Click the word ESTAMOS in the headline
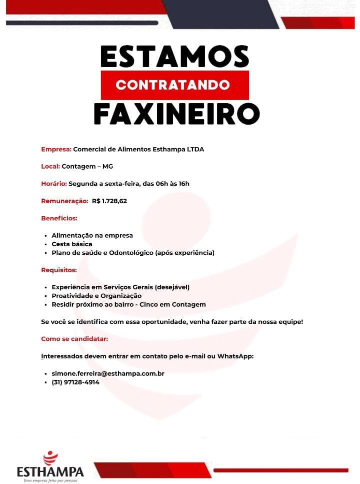click(x=174, y=56)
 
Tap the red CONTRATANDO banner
click(x=174, y=85)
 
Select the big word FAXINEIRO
click(x=176, y=115)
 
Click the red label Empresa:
click(x=56, y=149)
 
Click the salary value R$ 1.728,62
click(x=109, y=201)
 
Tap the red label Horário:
click(x=53, y=184)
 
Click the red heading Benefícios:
click(x=59, y=218)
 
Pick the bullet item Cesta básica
click(x=72, y=244)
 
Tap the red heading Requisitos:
click(x=58, y=270)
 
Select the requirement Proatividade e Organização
click(x=96, y=296)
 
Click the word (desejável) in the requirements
click(x=172, y=287)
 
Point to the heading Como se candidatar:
click(x=74, y=339)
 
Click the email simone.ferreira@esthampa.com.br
click(x=108, y=373)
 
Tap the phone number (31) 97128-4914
click(x=75, y=382)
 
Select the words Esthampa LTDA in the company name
click(x=181, y=149)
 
